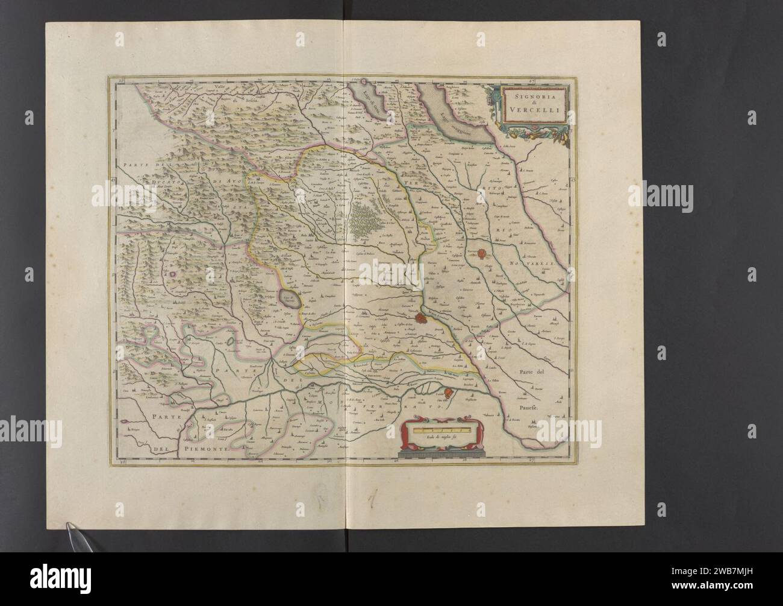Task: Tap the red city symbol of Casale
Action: [x=455, y=394]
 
